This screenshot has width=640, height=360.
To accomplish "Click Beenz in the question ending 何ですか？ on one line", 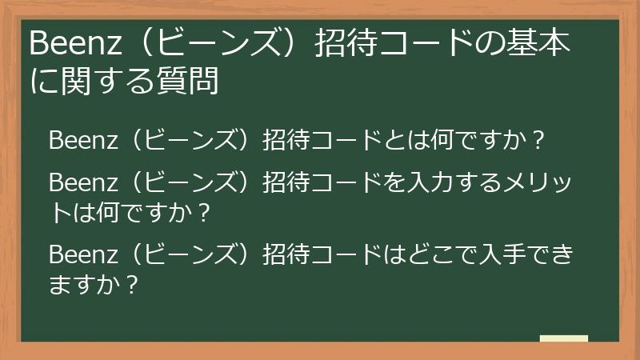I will (77, 140).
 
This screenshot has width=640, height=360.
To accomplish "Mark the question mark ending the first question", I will (538, 141).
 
